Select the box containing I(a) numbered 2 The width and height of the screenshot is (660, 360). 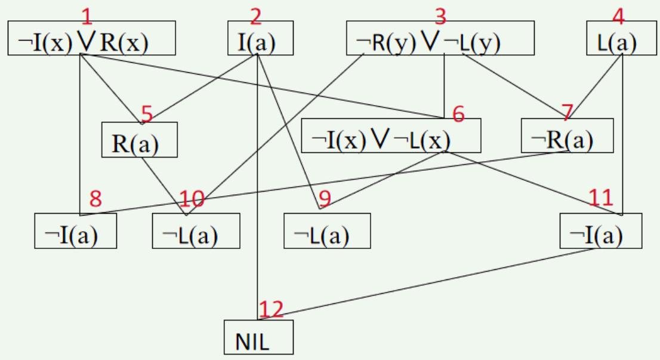tap(261, 39)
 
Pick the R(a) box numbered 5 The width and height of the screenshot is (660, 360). tap(139, 140)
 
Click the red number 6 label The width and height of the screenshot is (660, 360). tap(458, 113)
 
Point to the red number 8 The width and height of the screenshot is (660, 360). tap(95, 199)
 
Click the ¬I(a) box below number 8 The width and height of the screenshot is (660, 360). tap(75, 231)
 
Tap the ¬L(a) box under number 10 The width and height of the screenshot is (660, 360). tap(196, 231)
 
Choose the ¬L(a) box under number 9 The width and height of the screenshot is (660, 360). tap(327, 231)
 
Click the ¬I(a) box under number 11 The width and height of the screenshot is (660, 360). tap(600, 231)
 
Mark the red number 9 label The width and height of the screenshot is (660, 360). tap(324, 198)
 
